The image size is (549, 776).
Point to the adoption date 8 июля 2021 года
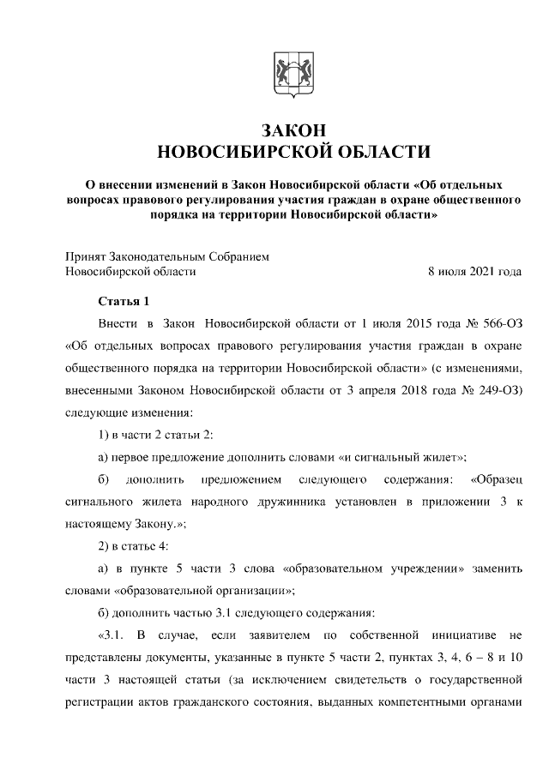474,272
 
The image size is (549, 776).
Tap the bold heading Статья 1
124,301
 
